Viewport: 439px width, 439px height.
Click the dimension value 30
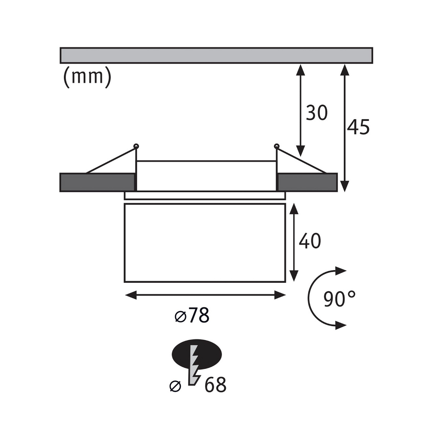tap(317, 113)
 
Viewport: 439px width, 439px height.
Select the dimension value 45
tap(358, 127)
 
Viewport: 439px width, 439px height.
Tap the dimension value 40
tap(309, 241)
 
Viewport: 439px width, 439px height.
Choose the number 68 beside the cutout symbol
tap(215, 385)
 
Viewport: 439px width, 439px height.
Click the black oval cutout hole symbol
tap(196, 355)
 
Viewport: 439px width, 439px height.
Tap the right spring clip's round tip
tap(277, 146)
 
